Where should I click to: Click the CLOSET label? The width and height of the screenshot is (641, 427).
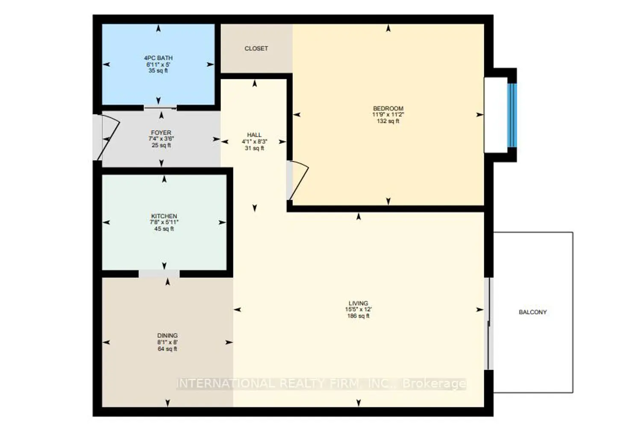(256, 49)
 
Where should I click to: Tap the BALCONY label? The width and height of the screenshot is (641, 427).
(533, 312)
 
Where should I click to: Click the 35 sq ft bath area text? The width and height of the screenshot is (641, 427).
(158, 70)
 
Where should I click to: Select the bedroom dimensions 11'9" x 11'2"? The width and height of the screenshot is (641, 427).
(388, 115)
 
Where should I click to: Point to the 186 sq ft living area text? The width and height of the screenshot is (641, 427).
(358, 316)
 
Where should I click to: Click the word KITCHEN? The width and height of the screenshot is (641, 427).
(164, 216)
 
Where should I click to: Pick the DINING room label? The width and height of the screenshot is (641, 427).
(168, 336)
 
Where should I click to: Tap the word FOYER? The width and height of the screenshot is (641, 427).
(161, 133)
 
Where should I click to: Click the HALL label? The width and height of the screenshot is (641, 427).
(254, 135)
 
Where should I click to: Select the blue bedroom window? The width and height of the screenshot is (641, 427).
(512, 115)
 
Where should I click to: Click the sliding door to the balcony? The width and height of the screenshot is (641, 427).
(489, 324)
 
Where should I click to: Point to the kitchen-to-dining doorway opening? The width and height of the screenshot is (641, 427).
(159, 274)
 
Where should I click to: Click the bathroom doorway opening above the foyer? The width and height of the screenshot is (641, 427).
(160, 108)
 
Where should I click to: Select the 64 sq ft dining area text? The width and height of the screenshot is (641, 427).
(168, 349)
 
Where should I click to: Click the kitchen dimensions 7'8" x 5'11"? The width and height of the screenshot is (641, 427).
(164, 222)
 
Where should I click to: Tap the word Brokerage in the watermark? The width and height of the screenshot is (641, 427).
(435, 384)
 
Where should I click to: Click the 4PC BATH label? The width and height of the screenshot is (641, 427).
(158, 58)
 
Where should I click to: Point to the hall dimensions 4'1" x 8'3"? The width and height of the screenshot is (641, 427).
(254, 142)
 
